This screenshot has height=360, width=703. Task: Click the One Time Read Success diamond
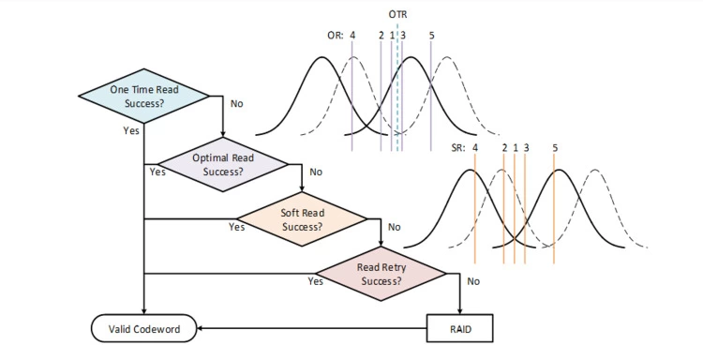pos(144,96)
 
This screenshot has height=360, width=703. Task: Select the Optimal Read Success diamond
pos(223,165)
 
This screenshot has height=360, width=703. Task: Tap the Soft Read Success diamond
pos(302,219)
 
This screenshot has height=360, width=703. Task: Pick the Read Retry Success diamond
pos(381,274)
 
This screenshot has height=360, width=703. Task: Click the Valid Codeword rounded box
pos(144,329)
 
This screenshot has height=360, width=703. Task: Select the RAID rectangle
pos(460,329)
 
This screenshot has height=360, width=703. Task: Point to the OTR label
pos(397,14)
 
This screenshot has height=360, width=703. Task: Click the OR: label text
pos(336,35)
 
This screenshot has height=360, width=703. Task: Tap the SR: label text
pos(458,148)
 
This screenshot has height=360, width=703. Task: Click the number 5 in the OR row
pos(431,35)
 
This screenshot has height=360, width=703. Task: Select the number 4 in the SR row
pos(475,148)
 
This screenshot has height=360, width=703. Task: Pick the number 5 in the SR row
pos(555,148)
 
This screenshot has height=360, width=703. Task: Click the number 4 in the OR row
pos(352,35)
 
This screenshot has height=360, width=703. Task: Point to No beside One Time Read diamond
pos(237,103)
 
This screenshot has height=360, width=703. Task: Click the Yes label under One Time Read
pos(131,130)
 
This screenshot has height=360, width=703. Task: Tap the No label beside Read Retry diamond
pos(473,281)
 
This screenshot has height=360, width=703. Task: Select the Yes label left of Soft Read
pos(237,227)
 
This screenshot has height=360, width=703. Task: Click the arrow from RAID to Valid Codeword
pos(311,329)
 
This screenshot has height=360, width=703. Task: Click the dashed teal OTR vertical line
pos(397,86)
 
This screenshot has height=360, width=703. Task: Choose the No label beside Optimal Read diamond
pos(316,172)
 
